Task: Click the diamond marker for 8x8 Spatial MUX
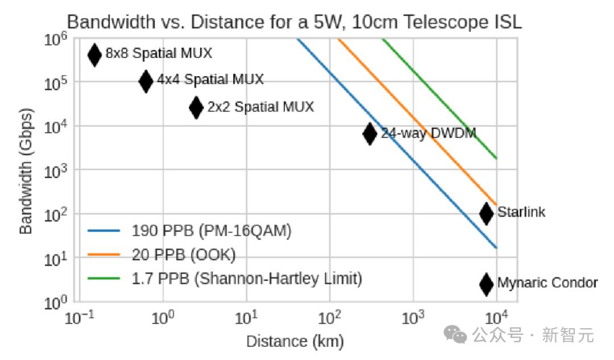pyautogui.click(x=94, y=55)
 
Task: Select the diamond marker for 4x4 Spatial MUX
pyautogui.click(x=146, y=81)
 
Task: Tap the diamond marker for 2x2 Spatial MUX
pyautogui.click(x=196, y=107)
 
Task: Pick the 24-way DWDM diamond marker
pyautogui.click(x=370, y=134)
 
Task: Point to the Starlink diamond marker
pyautogui.click(x=486, y=213)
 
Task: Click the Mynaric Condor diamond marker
pyautogui.click(x=486, y=284)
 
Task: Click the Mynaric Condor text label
pyautogui.click(x=547, y=283)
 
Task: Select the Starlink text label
pyautogui.click(x=521, y=212)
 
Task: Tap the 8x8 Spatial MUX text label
pyautogui.click(x=159, y=53)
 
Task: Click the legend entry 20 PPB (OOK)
pyautogui.click(x=184, y=255)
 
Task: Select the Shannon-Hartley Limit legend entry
pyautogui.click(x=247, y=279)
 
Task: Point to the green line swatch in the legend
pyautogui.click(x=104, y=279)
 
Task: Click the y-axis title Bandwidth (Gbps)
pyautogui.click(x=26, y=171)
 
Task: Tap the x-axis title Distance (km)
pyautogui.click(x=294, y=341)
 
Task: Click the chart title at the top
pyautogui.click(x=294, y=22)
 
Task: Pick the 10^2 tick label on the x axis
pyautogui.click(x=329, y=317)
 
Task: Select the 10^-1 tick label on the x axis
pyautogui.click(x=79, y=317)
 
